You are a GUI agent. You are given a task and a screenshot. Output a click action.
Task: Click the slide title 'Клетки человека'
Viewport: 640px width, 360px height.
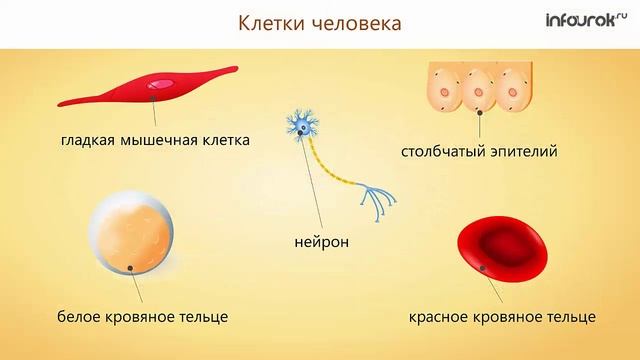click(319, 22)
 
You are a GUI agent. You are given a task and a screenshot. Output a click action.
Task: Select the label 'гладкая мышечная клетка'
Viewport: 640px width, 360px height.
click(154, 139)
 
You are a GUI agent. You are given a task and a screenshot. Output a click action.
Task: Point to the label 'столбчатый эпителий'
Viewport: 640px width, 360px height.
click(479, 153)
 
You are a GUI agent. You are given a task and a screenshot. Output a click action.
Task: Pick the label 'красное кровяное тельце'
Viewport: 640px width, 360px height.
click(502, 316)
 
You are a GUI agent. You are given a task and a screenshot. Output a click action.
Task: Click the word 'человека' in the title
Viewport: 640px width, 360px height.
click(359, 22)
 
